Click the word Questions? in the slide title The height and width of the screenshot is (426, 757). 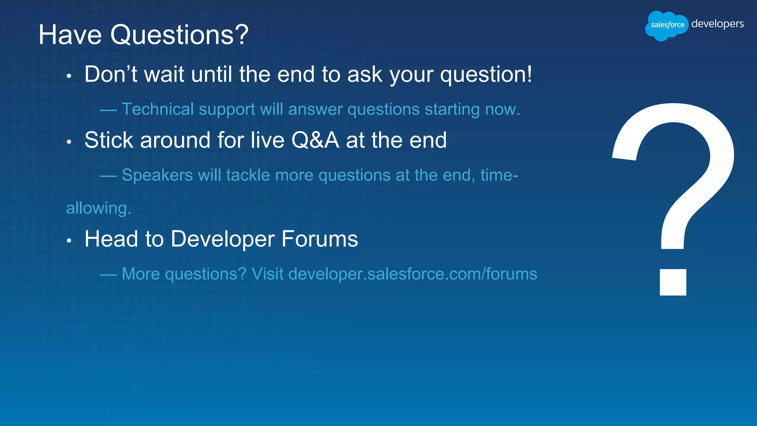[179, 35]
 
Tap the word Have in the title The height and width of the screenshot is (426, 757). [70, 35]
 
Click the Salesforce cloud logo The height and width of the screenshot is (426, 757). [666, 25]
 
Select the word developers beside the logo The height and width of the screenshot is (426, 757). [717, 24]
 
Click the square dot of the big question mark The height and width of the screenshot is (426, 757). [673, 282]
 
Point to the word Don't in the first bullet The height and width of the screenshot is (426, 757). [111, 74]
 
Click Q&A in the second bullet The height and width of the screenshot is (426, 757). [315, 140]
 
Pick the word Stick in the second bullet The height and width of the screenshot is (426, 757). [109, 140]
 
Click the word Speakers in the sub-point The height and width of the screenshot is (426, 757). [157, 175]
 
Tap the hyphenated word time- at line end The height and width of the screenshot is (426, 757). [499, 175]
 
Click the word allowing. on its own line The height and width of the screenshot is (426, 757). [98, 208]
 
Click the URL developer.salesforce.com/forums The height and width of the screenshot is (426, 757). [413, 274]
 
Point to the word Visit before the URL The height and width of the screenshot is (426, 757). [267, 274]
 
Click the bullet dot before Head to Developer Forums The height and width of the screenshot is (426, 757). [69, 241]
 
